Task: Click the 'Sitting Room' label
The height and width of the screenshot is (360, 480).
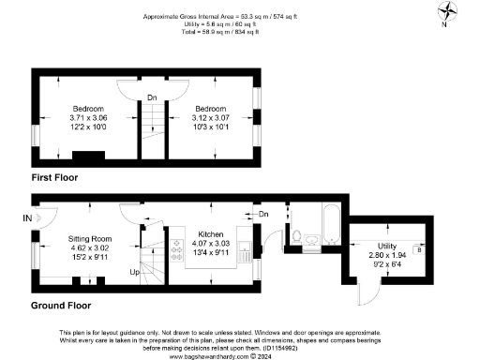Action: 90,239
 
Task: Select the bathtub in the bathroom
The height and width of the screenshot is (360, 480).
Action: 329,226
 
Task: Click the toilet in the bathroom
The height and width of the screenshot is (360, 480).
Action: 296,235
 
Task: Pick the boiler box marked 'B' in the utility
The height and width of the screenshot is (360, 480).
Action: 418,251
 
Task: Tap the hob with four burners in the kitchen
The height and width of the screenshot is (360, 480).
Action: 177,247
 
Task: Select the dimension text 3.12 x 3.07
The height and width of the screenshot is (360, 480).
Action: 211,118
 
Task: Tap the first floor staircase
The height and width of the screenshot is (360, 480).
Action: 152,126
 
